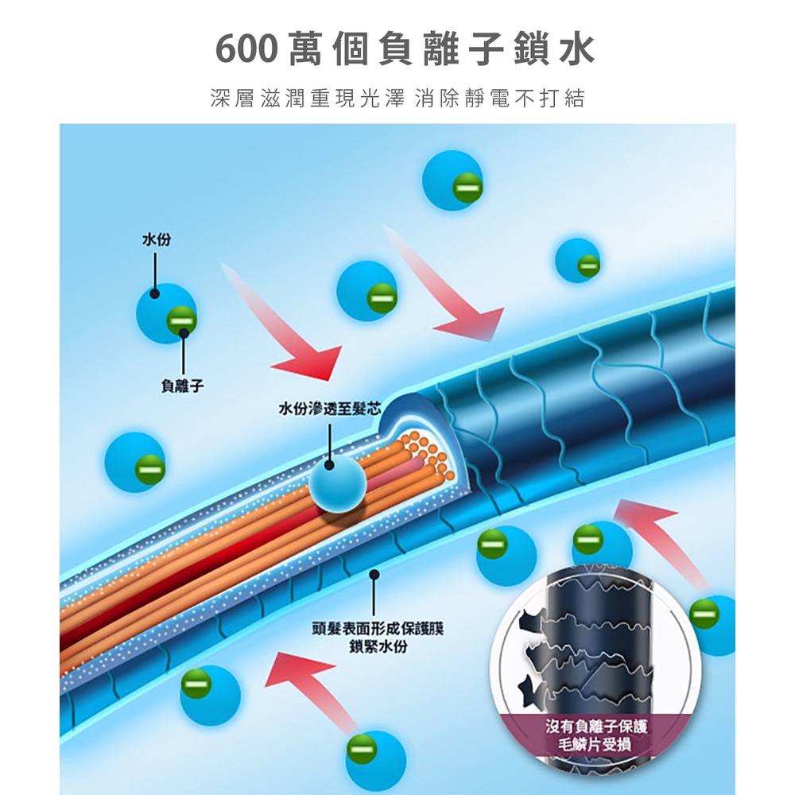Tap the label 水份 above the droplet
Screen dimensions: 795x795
155,239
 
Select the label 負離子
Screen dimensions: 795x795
182,386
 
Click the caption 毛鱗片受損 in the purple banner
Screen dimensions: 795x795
595,744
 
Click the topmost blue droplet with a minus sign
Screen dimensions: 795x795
452,181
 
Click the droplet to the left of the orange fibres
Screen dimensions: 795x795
134,462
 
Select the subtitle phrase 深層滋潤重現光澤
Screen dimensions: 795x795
306,99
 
